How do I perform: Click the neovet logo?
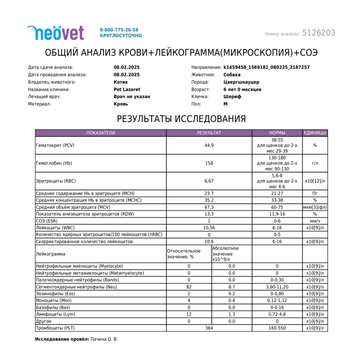click(55, 33)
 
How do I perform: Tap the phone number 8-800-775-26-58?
click(119, 30)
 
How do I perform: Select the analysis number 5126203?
click(319, 33)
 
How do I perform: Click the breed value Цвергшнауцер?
click(241, 82)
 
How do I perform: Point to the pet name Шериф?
click(232, 97)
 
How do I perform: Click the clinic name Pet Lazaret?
click(127, 89)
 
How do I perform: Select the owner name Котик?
click(121, 82)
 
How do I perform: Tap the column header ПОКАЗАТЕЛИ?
click(100, 133)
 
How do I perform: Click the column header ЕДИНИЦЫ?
click(315, 133)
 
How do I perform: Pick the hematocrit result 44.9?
click(209, 145)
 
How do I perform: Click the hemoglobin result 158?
click(209, 163)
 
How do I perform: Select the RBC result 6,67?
click(209, 181)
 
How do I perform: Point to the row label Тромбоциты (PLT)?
click(55, 328)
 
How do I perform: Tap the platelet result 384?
click(209, 328)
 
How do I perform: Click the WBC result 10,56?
click(209, 228)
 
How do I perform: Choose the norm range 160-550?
click(277, 328)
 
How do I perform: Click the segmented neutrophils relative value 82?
click(189, 287)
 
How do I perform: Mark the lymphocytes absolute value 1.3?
click(232, 314)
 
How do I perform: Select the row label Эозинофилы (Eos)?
click(53, 294)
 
